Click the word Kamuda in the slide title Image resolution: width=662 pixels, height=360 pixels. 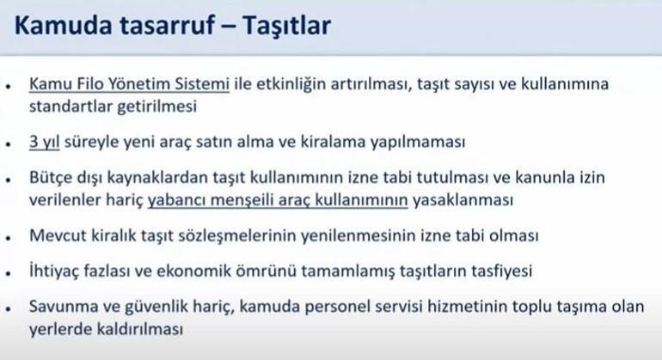[64, 25]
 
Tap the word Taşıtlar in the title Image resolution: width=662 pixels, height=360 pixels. [286, 26]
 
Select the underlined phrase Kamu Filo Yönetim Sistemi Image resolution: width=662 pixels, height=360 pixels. [129, 84]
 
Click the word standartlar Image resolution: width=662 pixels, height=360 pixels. [70, 106]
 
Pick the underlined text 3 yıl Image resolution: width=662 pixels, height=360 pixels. [45, 142]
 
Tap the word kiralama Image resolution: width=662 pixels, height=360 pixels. [333, 142]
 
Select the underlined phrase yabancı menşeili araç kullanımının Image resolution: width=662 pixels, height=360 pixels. [278, 200]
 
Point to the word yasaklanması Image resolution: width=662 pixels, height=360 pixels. [463, 200]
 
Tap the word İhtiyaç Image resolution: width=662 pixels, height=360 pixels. [53, 271]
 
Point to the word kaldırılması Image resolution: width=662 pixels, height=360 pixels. [140, 329]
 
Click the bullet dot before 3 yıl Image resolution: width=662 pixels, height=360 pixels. [8, 144]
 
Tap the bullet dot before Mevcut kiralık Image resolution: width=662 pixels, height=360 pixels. [8, 238]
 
